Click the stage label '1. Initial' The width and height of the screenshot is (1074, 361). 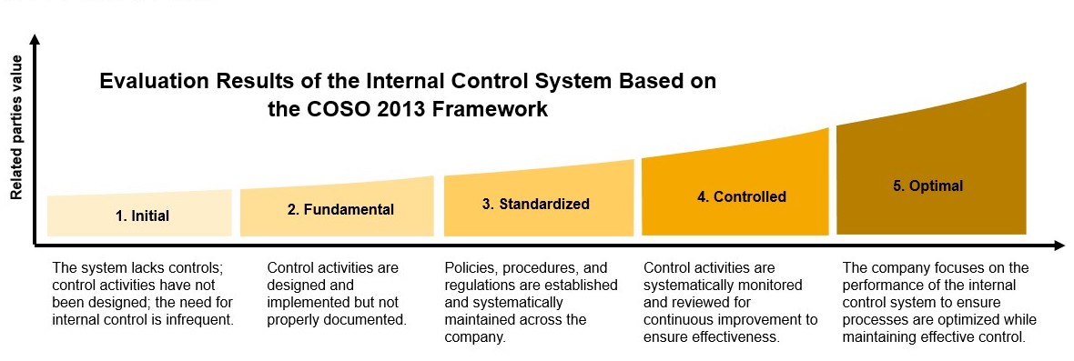click(x=142, y=216)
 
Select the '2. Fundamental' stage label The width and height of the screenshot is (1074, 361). click(x=340, y=209)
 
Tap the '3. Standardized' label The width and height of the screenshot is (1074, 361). click(x=535, y=204)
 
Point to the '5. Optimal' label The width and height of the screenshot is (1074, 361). click(x=928, y=186)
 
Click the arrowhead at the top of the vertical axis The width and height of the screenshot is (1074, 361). click(x=35, y=39)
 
